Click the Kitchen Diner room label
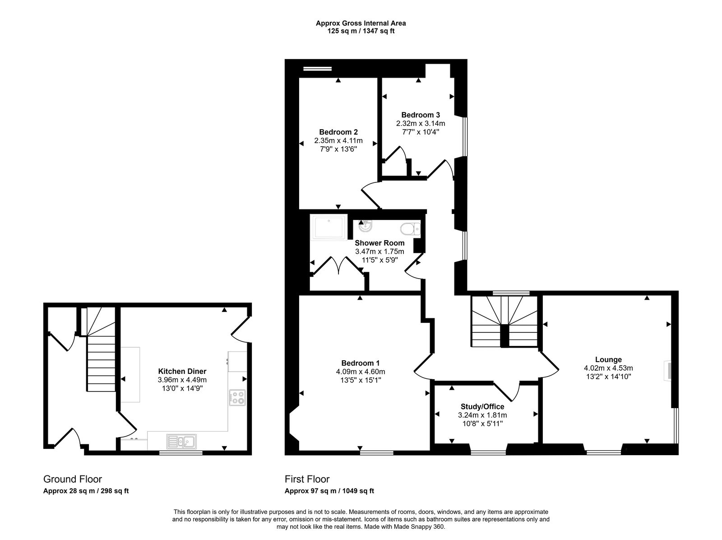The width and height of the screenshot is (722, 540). pos(182,372)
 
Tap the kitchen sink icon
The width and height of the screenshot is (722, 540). pos(181,441)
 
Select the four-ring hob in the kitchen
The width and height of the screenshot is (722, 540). pos(237,398)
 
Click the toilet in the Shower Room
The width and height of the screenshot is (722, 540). pos(409,229)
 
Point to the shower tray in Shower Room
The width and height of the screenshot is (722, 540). pos(329,227)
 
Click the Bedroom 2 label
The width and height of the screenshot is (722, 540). pos(338,132)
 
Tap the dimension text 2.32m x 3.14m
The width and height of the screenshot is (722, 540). pos(421,123)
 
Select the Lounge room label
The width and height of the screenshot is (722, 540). pos(608,360)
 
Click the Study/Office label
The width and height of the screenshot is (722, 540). pos(482,407)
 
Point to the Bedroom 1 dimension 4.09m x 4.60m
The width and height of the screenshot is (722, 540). pos(360,372)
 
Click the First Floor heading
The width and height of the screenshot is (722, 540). pos(307,479)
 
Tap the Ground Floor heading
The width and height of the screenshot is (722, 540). pos(72,479)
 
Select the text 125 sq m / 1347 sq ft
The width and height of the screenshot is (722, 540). pos(361,31)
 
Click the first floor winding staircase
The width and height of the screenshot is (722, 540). pos(504,321)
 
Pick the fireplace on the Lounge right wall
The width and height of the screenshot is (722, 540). pos(667,371)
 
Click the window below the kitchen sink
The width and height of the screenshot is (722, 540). pos(180,452)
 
